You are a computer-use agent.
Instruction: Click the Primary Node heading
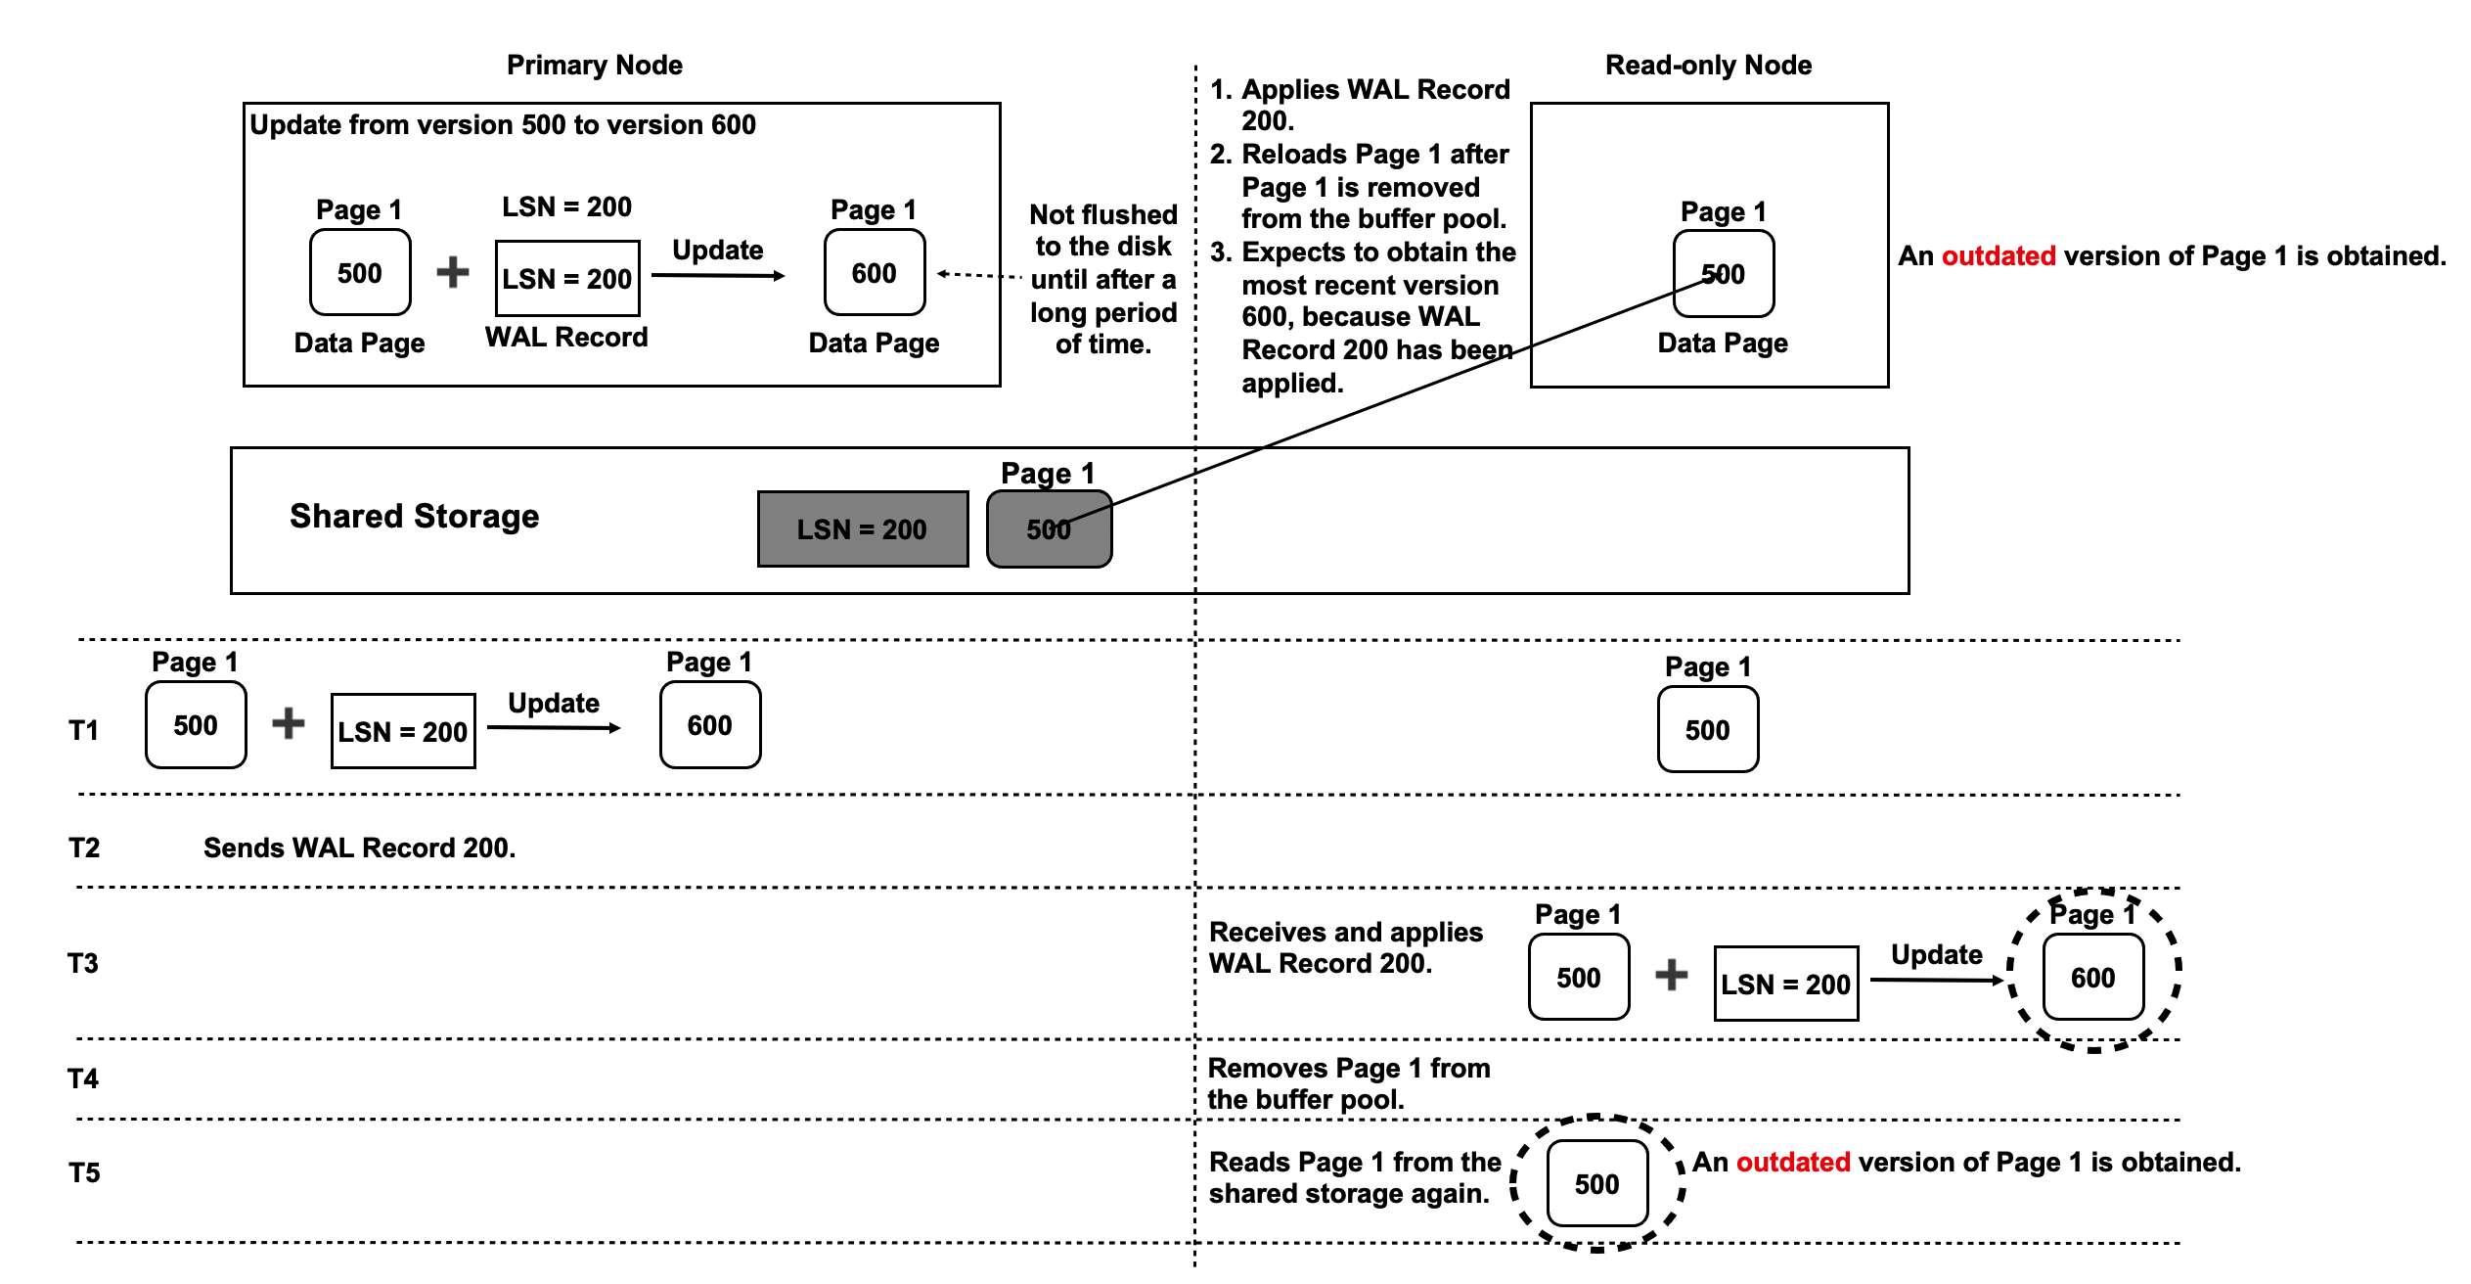[594, 65]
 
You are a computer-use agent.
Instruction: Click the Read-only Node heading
[1708, 65]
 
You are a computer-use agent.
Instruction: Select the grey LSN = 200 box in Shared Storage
[862, 528]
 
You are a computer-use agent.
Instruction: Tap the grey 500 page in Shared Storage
[1049, 529]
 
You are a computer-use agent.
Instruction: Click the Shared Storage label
[414, 516]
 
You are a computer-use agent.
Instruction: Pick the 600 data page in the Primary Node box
[874, 273]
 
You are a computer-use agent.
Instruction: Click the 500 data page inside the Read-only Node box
[1723, 274]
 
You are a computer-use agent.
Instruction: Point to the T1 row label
[83, 730]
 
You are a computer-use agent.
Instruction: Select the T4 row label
[83, 1078]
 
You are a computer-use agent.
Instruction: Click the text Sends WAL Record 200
[359, 848]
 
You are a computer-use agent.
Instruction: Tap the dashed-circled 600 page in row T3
[2092, 977]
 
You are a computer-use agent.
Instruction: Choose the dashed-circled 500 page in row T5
[1596, 1183]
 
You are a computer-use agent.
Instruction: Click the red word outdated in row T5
[1792, 1162]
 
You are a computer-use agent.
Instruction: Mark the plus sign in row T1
[289, 723]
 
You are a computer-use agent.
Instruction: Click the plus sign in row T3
[1671, 975]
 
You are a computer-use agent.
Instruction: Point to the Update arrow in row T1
[554, 727]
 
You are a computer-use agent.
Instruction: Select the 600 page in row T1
[709, 725]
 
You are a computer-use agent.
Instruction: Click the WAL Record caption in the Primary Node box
[566, 337]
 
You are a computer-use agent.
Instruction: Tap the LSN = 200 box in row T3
[1785, 984]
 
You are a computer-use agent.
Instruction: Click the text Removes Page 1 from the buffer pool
[1348, 1083]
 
